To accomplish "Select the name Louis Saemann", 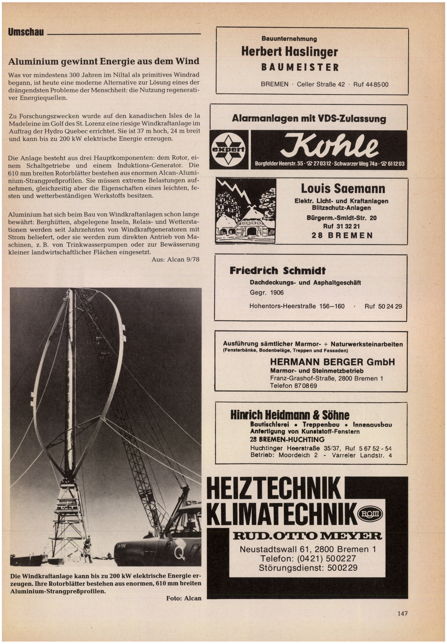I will pos(343,189).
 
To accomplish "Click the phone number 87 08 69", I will pos(305,386).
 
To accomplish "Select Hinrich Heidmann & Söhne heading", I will pos(290,415).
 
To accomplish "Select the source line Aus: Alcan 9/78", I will pos(175,259).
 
